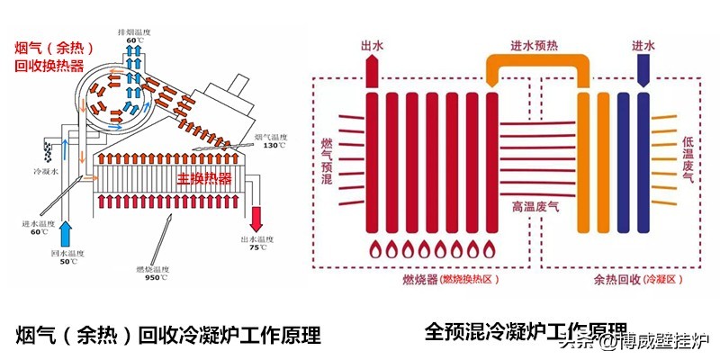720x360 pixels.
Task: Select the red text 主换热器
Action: coord(204,178)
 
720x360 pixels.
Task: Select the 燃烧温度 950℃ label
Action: coord(158,273)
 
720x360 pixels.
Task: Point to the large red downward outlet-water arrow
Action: coord(258,215)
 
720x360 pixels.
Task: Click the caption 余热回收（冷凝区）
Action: coord(626,281)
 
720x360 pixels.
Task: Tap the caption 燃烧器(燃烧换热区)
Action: coord(446,281)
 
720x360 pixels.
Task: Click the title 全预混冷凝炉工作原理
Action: coord(526,330)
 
